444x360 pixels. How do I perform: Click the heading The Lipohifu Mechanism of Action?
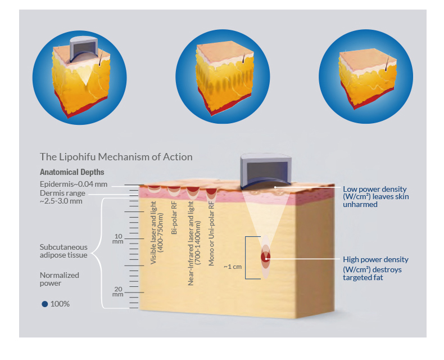click(x=116, y=157)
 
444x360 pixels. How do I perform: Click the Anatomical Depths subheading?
click(x=72, y=172)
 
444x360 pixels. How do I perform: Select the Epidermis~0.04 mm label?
click(x=73, y=184)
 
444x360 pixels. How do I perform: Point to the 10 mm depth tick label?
click(x=118, y=238)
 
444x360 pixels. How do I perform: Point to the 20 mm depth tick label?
click(x=118, y=291)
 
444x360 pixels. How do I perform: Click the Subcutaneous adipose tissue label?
click(x=63, y=251)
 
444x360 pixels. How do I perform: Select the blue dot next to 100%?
click(x=44, y=304)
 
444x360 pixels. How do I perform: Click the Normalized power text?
click(x=59, y=279)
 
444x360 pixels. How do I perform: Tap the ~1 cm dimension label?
click(x=232, y=267)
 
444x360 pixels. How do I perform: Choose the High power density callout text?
click(x=375, y=268)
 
